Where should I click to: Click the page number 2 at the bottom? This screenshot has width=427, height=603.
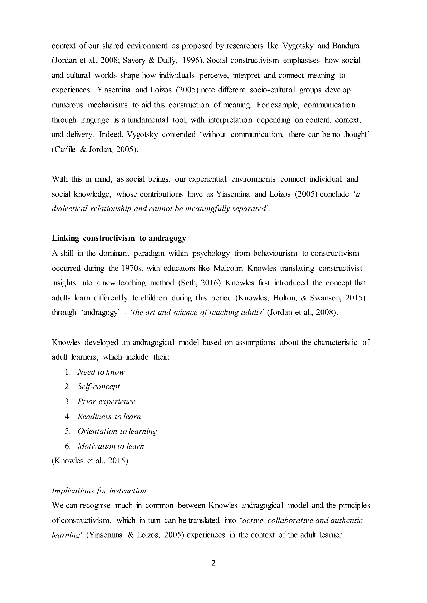213,563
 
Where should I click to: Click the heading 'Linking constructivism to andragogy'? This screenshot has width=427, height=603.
119,238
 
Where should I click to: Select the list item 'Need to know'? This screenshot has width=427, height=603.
101,372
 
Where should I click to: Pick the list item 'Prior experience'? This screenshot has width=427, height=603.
107,402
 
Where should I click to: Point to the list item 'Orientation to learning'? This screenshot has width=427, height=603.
117,431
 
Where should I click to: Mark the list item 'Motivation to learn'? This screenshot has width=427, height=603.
111,446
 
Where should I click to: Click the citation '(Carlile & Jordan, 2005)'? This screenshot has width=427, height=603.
95,150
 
